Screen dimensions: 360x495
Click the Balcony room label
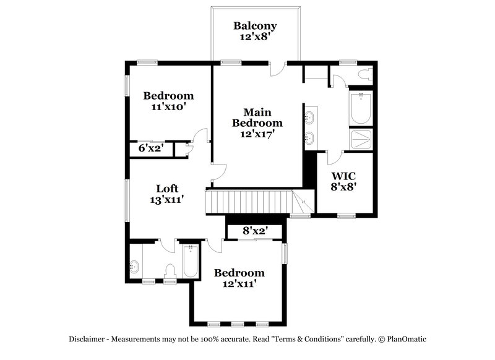click(x=255, y=26)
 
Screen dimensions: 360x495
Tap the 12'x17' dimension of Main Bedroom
click(x=257, y=133)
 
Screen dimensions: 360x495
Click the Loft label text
click(x=168, y=189)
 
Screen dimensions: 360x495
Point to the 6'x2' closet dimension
click(x=150, y=148)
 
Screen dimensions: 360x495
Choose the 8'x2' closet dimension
click(x=255, y=231)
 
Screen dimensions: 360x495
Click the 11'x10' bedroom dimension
click(x=168, y=106)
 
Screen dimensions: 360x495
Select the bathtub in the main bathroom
click(x=360, y=109)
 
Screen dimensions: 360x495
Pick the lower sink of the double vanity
click(x=310, y=138)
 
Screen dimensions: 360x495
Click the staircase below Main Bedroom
click(x=251, y=202)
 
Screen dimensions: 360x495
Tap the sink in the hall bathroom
click(x=135, y=267)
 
